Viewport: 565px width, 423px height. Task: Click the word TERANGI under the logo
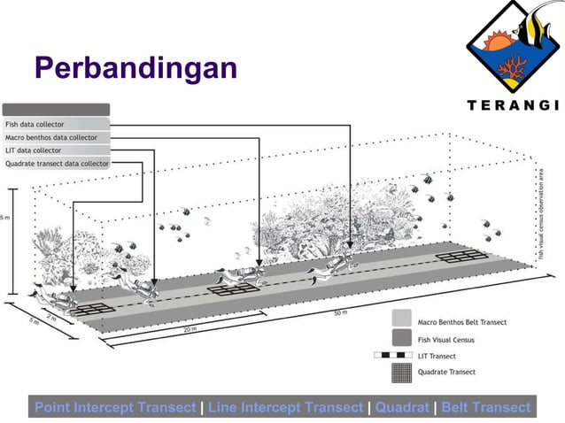(513, 104)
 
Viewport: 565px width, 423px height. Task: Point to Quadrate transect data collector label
(57, 164)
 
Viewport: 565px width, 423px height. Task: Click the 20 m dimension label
(190, 329)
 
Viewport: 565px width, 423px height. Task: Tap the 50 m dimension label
(340, 313)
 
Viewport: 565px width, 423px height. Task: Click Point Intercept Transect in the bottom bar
(115, 407)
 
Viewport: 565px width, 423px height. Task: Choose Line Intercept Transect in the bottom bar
(285, 407)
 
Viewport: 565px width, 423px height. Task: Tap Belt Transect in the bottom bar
(485, 407)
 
